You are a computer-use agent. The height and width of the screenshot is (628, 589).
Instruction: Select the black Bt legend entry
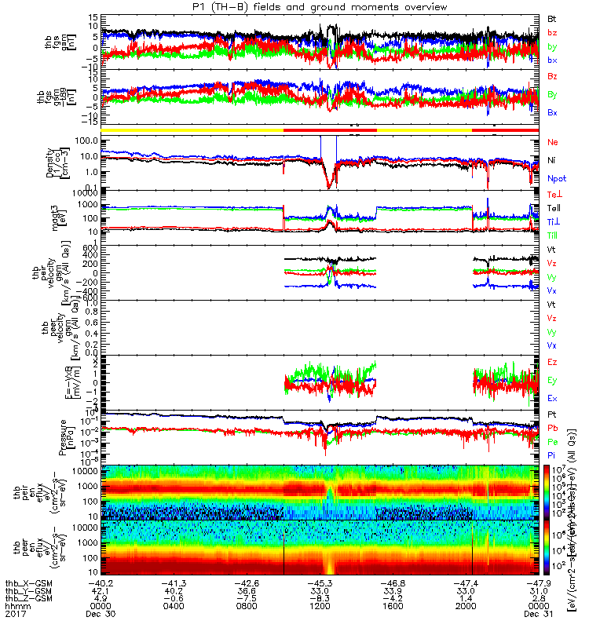[551, 16]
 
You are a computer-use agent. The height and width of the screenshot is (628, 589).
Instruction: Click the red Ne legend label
[551, 142]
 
